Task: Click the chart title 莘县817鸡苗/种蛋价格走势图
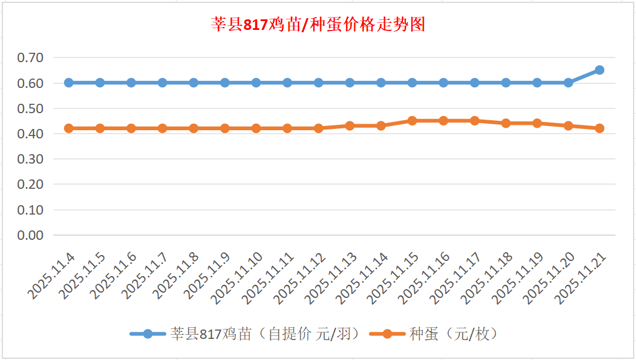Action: point(317,25)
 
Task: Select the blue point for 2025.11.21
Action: point(600,70)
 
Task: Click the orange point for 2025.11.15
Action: point(412,121)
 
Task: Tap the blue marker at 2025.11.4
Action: point(69,83)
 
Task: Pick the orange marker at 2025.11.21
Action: point(600,128)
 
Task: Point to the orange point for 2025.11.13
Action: point(350,125)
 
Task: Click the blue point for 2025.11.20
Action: point(568,83)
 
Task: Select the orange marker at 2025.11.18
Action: point(506,123)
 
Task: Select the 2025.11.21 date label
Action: point(580,279)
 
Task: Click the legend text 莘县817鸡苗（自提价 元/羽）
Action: point(265,334)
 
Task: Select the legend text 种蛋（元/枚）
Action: point(454,334)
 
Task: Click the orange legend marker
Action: point(387,334)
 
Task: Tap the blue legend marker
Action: point(148,334)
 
